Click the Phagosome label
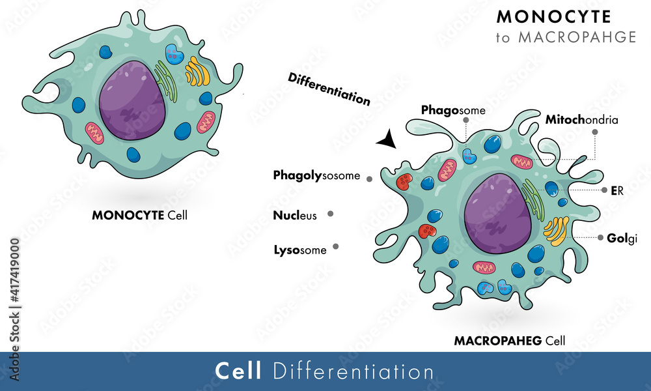453,110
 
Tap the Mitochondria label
581,120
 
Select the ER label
617,190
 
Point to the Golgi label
623,238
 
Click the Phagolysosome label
316,175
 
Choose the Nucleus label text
295,215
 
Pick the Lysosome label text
300,249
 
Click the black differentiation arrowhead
387,139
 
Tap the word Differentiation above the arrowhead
329,88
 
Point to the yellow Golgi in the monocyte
198,72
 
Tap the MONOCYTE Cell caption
139,214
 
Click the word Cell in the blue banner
238,371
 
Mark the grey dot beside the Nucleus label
331,213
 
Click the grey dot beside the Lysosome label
336,246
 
